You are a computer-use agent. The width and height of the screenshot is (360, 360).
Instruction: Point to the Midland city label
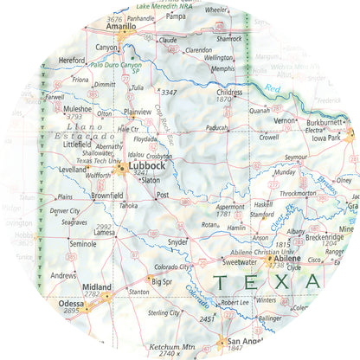tap(95, 286)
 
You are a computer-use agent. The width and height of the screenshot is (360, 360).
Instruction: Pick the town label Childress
tap(229, 92)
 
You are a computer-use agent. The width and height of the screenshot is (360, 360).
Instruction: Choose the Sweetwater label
tap(240, 261)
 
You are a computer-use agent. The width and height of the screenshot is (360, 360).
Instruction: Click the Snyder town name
tap(177, 242)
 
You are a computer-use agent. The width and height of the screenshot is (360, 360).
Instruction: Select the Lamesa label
tap(105, 233)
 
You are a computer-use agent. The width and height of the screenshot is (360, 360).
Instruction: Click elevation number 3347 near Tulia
tap(169, 92)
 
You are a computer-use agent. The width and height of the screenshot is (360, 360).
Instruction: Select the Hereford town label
tap(72, 61)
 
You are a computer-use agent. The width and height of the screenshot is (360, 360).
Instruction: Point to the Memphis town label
tap(223, 68)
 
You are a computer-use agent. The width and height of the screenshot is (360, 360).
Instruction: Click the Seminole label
tap(83, 245)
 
